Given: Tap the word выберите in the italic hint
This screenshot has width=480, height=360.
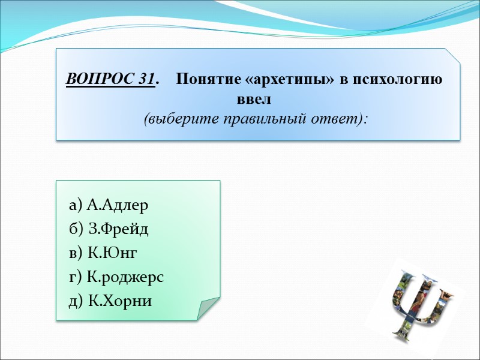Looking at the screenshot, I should coord(173,118).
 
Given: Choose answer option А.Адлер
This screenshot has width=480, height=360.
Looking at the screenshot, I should coord(117,206).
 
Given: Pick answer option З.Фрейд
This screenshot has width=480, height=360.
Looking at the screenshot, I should coord(118,229).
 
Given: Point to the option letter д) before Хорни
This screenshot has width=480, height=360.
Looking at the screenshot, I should coord(76,301).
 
